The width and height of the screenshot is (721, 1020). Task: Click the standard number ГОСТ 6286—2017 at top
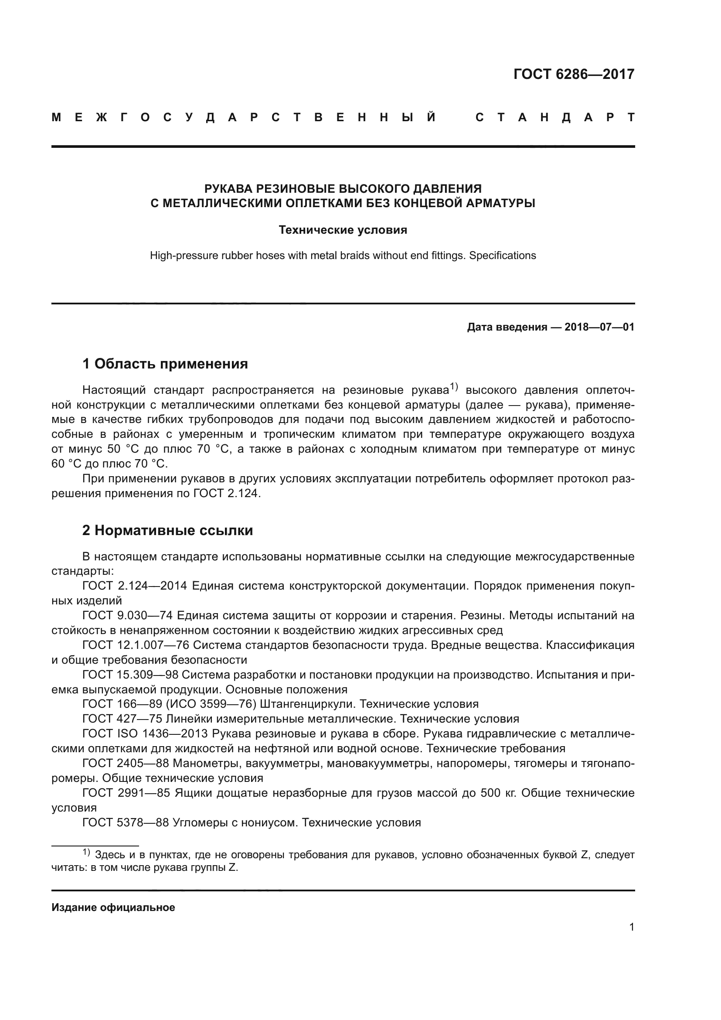[574, 74]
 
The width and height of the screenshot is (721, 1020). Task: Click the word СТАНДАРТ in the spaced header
[554, 117]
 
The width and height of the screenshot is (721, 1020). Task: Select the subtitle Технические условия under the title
[343, 230]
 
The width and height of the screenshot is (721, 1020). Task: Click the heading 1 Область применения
[165, 364]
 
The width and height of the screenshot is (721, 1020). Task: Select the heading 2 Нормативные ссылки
[167, 530]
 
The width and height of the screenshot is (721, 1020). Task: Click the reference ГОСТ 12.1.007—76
[136, 645]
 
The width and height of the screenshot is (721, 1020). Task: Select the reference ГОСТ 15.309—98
[130, 675]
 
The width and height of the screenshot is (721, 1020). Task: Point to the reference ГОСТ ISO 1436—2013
[145, 733]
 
